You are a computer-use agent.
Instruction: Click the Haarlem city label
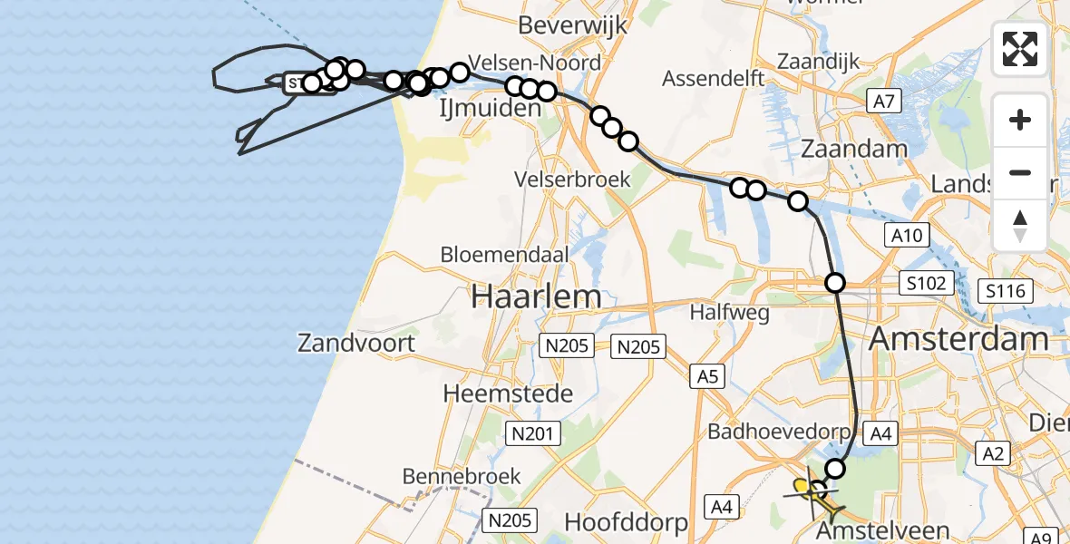(535, 296)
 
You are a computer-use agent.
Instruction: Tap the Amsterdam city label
(958, 340)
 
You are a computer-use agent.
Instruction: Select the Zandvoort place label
(356, 343)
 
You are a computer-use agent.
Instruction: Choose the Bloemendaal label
(504, 255)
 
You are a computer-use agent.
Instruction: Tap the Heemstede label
(508, 393)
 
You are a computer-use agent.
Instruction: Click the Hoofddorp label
(626, 522)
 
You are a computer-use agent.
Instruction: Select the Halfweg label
(730, 313)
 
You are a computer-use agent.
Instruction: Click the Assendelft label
(714, 78)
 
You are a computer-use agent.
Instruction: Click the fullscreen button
(1020, 49)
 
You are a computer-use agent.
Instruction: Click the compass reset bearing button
(1020, 226)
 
